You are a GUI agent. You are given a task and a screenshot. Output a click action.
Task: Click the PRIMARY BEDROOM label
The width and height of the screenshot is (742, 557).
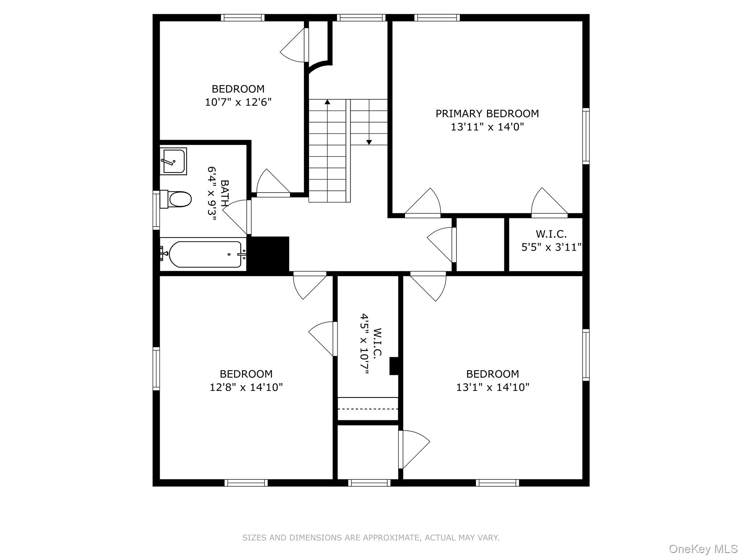(487, 114)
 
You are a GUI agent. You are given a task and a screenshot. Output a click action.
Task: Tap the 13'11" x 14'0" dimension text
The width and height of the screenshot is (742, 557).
(487, 127)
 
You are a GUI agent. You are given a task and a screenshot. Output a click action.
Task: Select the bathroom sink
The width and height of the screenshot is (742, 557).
(174, 161)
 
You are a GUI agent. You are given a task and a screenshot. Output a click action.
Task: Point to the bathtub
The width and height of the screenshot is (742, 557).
(205, 254)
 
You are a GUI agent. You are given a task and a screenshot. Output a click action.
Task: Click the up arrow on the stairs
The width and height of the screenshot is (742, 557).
(327, 102)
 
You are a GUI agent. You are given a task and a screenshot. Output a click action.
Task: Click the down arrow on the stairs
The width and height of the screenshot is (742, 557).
(369, 142)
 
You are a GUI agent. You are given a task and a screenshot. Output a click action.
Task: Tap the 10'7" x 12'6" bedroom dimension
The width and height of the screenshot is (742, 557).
(238, 102)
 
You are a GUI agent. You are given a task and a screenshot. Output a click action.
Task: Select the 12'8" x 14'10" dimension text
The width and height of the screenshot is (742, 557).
(246, 387)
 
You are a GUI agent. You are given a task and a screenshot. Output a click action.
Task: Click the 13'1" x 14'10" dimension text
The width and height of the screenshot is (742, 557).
(492, 387)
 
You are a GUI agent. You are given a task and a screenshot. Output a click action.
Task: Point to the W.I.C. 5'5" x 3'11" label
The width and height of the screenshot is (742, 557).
(551, 240)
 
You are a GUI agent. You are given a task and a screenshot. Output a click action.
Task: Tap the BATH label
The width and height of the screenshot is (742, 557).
(225, 193)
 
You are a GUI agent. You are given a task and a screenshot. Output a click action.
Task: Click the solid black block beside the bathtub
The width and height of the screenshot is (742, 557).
(270, 253)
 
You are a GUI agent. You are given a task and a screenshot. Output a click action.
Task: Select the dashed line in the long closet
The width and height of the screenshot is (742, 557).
(368, 409)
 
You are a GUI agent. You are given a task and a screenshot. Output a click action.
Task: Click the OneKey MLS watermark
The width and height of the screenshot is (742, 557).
(703, 549)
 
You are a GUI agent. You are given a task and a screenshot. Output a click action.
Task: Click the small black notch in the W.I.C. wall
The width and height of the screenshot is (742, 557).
(394, 366)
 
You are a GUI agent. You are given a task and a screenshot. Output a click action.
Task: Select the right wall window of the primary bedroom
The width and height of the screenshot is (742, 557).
(585, 136)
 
